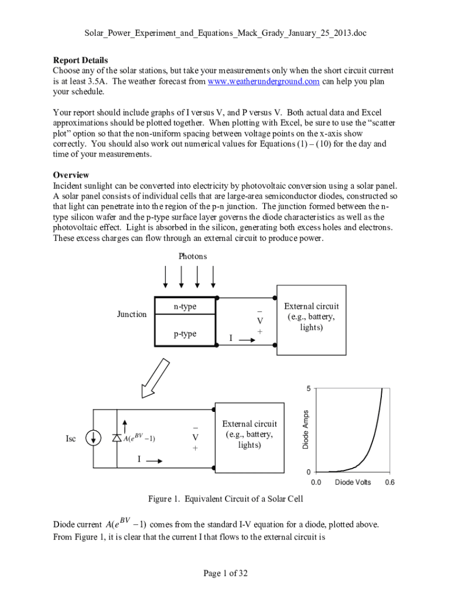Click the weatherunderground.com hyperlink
264,81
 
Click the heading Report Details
80,60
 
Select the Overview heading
71,175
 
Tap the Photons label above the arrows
192,256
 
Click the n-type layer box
184,307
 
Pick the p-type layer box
184,334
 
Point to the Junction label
132,315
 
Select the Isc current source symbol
92,438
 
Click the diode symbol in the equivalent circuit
116,438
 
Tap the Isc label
70,438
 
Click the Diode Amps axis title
305,430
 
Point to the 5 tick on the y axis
307,388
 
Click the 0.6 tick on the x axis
389,482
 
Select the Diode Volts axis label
353,482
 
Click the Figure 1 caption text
225,499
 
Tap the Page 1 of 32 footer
225,573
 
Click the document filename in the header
225,33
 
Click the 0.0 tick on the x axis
316,482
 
